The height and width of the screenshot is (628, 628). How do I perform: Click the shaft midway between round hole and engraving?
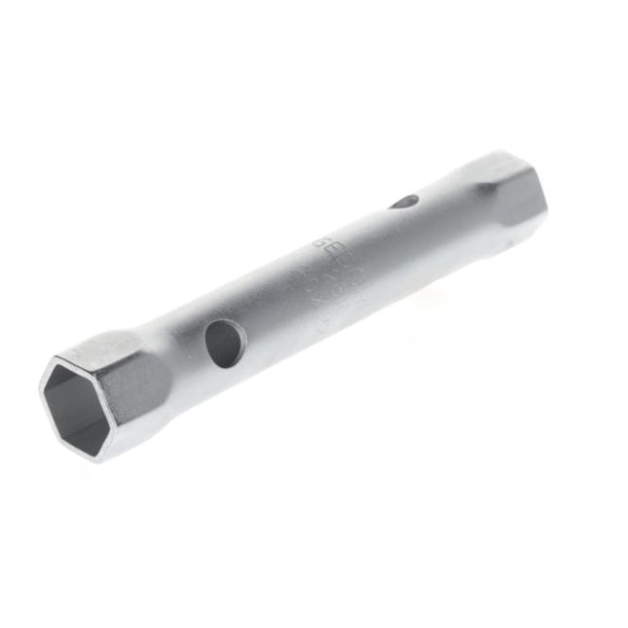[x=273, y=312]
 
